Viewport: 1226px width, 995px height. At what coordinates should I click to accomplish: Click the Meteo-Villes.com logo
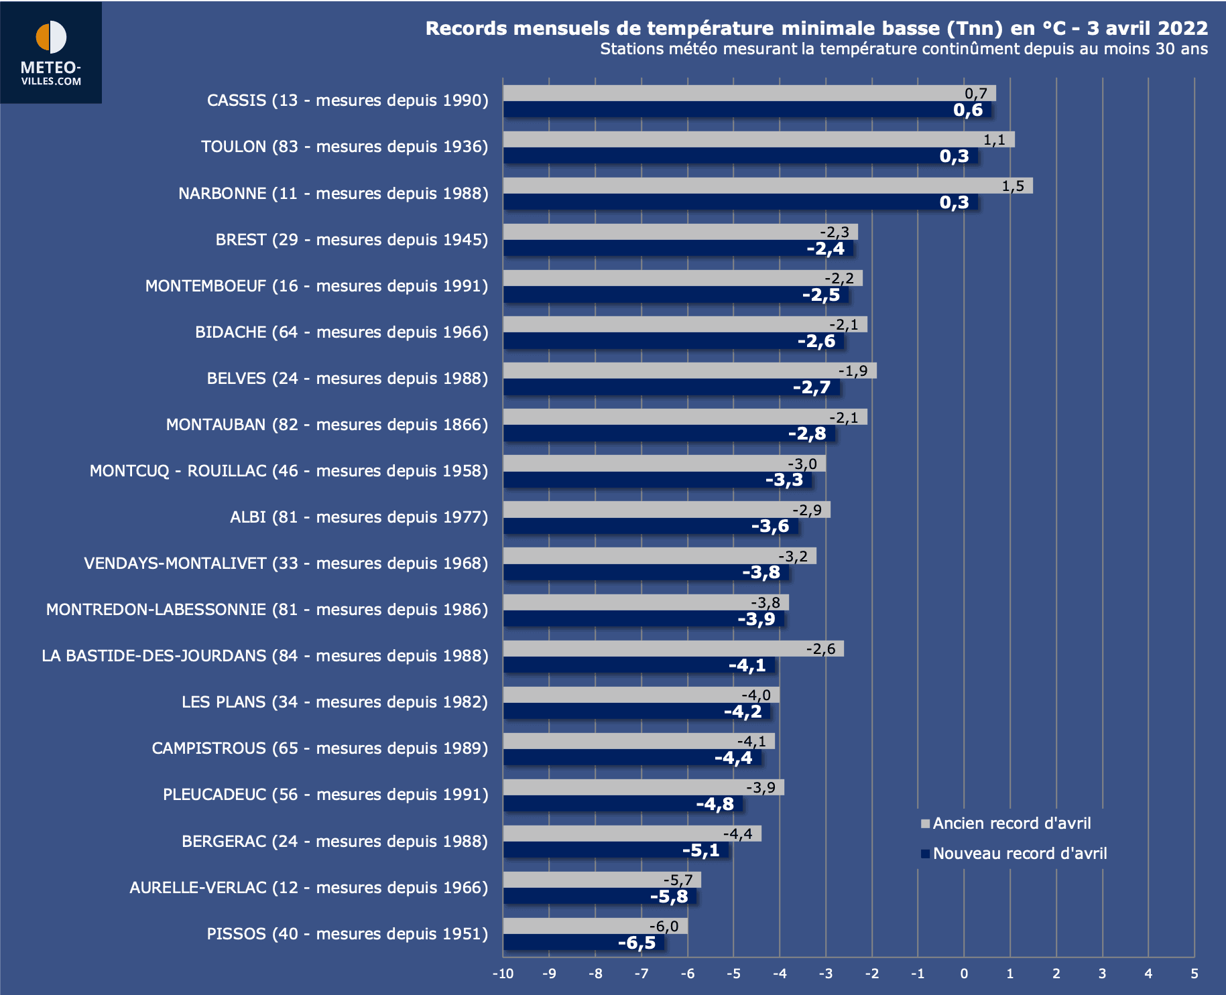(x=51, y=53)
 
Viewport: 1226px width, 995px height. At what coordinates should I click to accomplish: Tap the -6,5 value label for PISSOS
(x=637, y=943)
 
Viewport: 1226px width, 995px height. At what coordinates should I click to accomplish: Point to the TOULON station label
(x=345, y=147)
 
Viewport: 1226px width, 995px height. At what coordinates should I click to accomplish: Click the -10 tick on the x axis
(x=503, y=974)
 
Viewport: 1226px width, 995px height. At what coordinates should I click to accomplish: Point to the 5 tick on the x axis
(x=1194, y=974)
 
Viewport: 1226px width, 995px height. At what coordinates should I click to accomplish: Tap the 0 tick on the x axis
(x=964, y=974)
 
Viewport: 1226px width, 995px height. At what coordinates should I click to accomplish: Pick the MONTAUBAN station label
(x=326, y=425)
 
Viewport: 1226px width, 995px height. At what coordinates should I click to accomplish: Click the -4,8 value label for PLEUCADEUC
(x=715, y=804)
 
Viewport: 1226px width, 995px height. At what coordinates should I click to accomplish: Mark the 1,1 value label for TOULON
(x=994, y=139)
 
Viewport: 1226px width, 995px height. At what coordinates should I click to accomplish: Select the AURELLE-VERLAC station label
(x=308, y=888)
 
